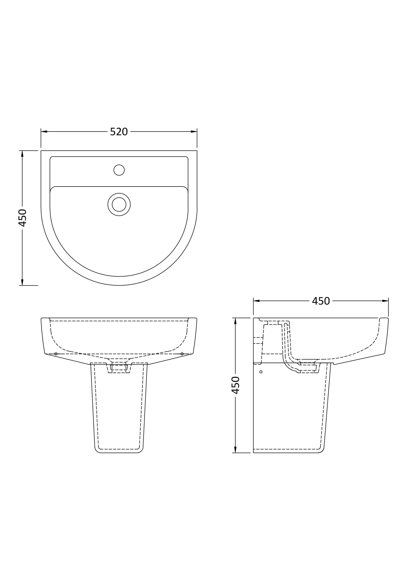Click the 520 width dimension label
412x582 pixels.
coord(119,132)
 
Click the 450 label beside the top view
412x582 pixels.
coord(22,218)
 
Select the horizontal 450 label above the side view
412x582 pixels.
coord(321,301)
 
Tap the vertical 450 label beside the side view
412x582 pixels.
coord(236,385)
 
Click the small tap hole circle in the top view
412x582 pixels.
coord(119,170)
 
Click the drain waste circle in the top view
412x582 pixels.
coord(119,204)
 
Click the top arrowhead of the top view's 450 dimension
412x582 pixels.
coord(22,154)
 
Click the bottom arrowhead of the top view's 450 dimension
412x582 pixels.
coord(22,282)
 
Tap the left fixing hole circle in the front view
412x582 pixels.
coord(56,354)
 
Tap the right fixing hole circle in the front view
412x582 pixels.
coord(182,354)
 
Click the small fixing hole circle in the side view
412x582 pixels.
coord(261,372)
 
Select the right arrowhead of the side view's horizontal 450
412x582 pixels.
coord(385,301)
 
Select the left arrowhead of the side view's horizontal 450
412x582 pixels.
coord(256,301)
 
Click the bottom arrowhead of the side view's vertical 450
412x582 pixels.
coord(235,450)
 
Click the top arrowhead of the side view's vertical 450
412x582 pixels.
coord(235,321)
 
